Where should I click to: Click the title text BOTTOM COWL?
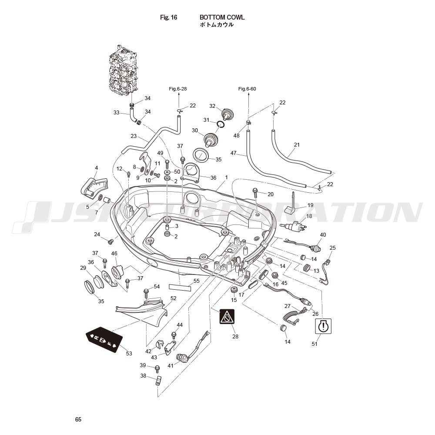[x=222, y=17]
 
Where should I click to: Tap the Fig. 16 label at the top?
[x=168, y=17]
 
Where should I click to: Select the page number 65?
[x=78, y=420]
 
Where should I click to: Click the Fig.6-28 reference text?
[x=178, y=89]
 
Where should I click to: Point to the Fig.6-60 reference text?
[x=247, y=89]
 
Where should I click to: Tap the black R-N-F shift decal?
[x=104, y=339]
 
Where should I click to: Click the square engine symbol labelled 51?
[x=323, y=326]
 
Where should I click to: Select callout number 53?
[x=129, y=354]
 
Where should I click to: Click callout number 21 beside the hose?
[x=297, y=144]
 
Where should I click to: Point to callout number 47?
[x=233, y=153]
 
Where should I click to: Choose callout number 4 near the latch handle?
[x=96, y=168]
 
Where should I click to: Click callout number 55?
[x=197, y=281]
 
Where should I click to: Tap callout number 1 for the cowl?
[x=227, y=177]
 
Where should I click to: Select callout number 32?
[x=212, y=106]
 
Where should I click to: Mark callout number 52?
[x=173, y=298]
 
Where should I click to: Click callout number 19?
[x=310, y=205]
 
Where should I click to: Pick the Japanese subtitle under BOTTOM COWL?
[x=217, y=25]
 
